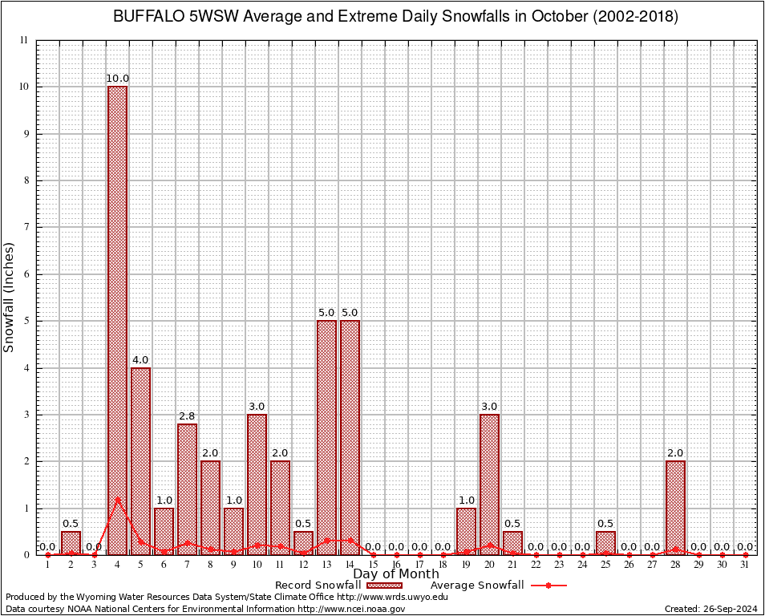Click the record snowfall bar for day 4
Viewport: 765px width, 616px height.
117,321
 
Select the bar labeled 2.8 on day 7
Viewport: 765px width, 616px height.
187,489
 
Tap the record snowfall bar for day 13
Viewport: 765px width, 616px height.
326,437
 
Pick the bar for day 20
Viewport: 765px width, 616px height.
489,484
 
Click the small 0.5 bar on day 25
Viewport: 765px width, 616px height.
605,543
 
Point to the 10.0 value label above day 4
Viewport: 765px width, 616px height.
117,79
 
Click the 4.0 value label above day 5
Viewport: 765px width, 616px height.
140,360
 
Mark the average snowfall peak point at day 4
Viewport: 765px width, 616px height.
117,498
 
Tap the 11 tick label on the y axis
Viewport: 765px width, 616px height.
24,40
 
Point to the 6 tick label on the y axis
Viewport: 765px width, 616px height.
26,274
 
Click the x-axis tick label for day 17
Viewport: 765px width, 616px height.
419,565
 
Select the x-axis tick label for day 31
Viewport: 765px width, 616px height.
745,565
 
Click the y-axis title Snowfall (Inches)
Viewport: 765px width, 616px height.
10,298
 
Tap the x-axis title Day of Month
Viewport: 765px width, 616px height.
395,574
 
